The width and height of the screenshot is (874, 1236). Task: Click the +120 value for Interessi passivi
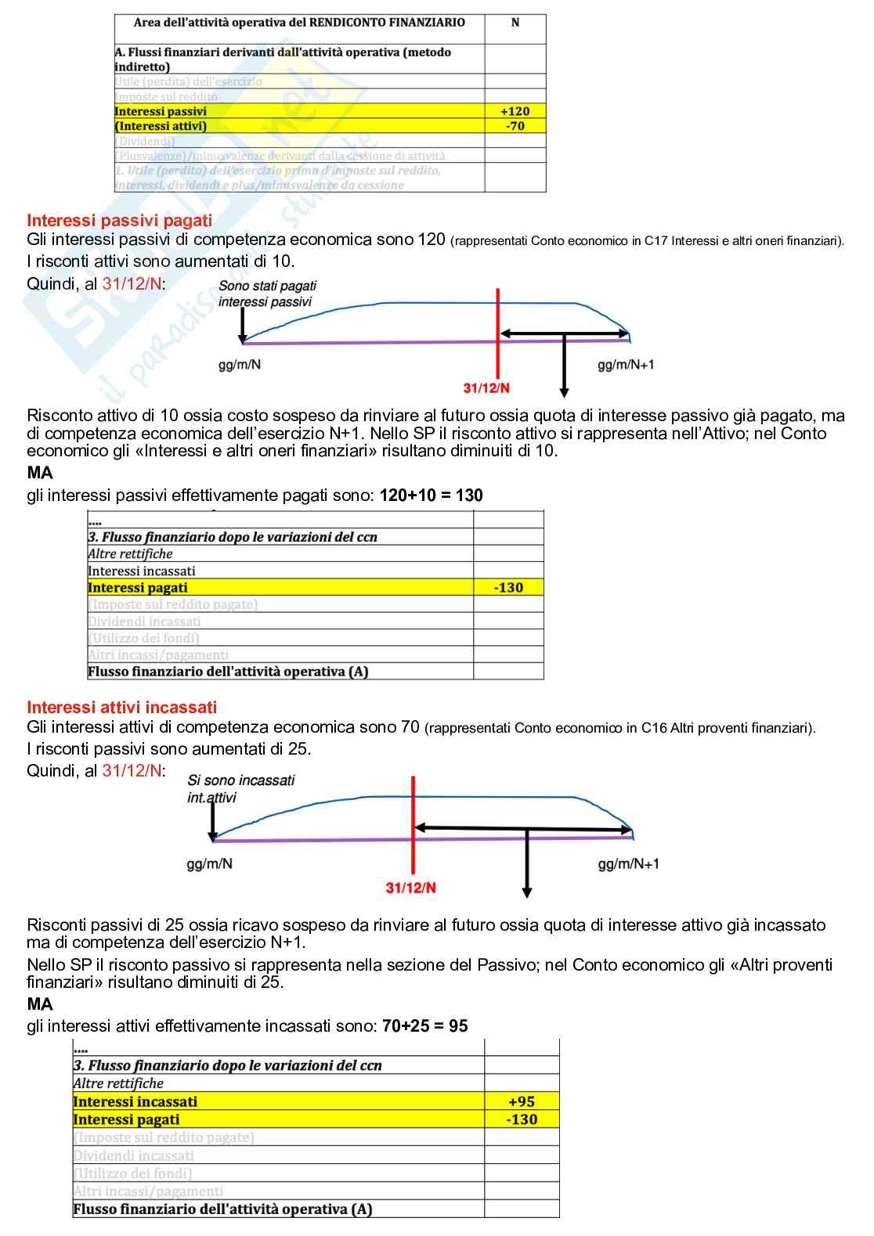click(515, 111)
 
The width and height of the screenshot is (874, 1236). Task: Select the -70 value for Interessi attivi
click(515, 126)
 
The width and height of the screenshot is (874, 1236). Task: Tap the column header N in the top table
click(515, 23)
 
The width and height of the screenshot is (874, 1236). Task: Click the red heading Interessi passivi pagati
click(119, 221)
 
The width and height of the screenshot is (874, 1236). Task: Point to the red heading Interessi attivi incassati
click(121, 708)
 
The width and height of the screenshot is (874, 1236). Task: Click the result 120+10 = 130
click(431, 495)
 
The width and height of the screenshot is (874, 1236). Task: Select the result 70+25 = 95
click(424, 1025)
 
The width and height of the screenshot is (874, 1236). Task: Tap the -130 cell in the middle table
click(508, 588)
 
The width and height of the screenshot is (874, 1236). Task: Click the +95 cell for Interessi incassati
click(522, 1101)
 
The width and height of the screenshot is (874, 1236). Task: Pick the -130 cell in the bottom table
click(522, 1119)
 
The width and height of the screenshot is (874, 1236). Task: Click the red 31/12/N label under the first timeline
click(486, 388)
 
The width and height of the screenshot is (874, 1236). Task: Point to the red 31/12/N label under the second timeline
click(410, 888)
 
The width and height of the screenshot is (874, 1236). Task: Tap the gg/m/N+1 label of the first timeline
click(626, 365)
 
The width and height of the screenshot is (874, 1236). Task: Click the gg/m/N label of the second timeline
click(209, 863)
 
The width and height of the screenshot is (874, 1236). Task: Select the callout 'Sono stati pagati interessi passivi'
click(267, 294)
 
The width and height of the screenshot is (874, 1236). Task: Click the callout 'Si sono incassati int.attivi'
click(240, 788)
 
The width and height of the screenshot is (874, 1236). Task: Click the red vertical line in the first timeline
click(498, 329)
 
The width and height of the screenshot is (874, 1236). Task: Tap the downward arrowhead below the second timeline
click(527, 892)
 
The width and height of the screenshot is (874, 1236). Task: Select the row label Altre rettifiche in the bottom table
click(118, 1083)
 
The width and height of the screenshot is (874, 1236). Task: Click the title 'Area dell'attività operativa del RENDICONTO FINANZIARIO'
click(299, 23)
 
